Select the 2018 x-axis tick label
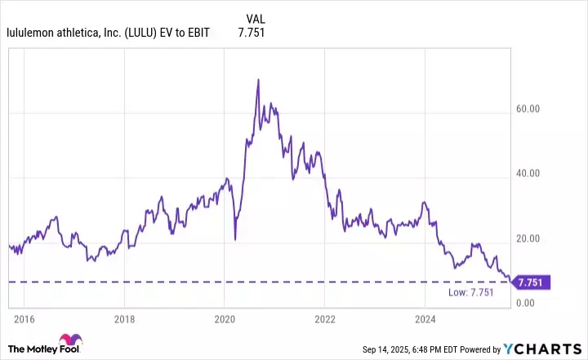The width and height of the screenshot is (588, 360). (123, 318)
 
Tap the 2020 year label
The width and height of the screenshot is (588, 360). (225, 318)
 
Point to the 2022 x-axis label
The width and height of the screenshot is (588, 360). (325, 318)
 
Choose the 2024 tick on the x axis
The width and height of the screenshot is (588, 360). (425, 318)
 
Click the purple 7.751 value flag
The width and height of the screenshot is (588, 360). (532, 282)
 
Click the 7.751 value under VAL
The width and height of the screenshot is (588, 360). (252, 33)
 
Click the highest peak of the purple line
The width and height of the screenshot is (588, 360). (258, 79)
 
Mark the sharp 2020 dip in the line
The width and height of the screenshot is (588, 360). (235, 238)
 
